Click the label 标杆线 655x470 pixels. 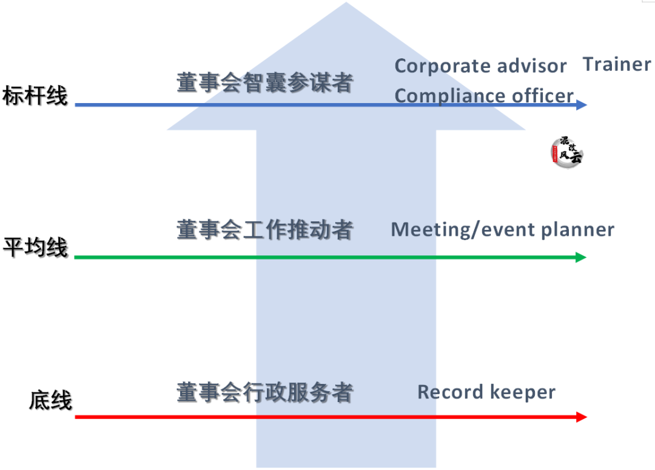(35, 96)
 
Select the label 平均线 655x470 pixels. (35, 248)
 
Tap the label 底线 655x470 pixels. (50, 401)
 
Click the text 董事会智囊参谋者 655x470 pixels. (264, 83)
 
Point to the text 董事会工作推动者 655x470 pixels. (264, 230)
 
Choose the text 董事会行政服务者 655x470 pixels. (264, 393)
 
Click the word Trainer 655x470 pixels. (617, 64)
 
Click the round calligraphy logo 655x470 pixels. (567, 152)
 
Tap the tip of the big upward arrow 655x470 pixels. (346, 5)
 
